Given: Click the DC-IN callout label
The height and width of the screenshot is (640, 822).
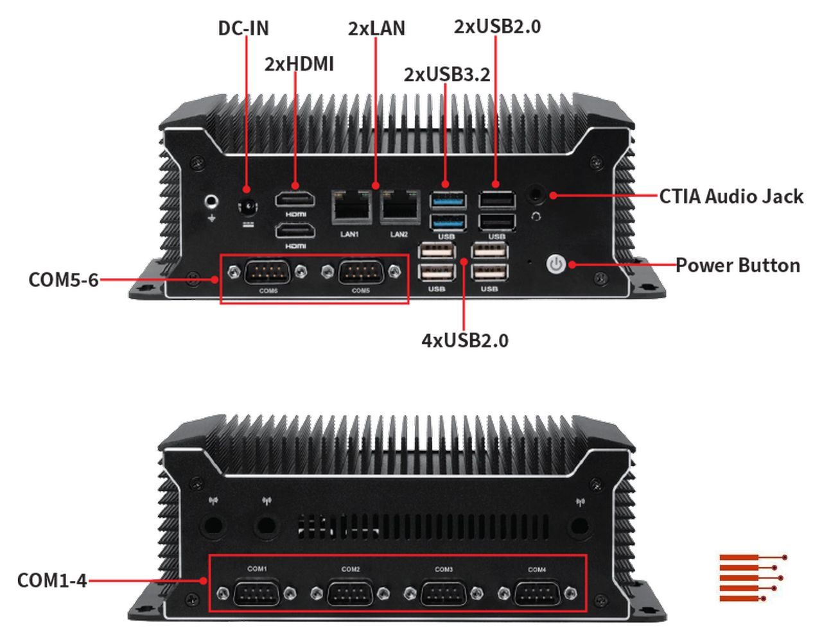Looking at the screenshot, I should pos(243,28).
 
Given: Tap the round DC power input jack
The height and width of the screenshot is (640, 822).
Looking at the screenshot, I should pos(248,208).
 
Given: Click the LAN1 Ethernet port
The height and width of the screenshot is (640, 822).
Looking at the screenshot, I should pos(351,206).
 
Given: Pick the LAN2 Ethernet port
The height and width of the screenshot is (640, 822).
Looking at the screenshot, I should pos(399,206).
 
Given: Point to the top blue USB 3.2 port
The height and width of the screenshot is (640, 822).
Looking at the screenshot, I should pos(448,200).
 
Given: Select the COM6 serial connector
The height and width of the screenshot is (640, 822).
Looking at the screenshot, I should pos(268,273).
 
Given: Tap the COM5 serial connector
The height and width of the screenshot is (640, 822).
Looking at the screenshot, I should pos(361,273).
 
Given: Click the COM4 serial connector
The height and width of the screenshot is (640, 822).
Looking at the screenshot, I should pos(537,592).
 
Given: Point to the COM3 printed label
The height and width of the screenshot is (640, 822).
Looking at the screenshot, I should pos(444,569).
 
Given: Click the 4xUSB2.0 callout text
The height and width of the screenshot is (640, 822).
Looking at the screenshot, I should pos(464,340).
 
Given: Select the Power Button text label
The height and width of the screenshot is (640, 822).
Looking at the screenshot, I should pos(737,265).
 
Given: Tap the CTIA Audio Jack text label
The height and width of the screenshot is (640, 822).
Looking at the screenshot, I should pos(731,196).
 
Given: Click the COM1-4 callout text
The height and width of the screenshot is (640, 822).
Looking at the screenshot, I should pos(51,580).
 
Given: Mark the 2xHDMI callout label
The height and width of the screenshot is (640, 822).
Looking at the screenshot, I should pos(299,64).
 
